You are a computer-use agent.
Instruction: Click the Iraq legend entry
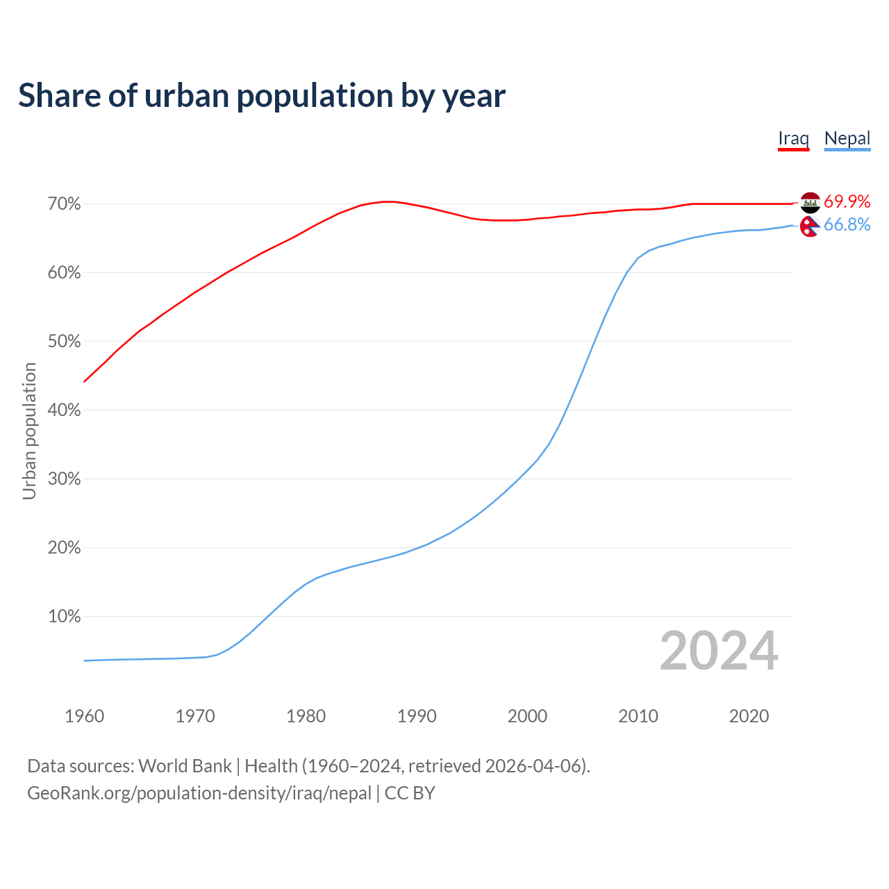(x=793, y=138)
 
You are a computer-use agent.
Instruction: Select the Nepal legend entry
(x=847, y=138)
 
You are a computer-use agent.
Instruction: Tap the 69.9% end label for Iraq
(x=847, y=201)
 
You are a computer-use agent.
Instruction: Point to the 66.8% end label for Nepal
(x=847, y=224)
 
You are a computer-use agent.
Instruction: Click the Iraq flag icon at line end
(x=810, y=202)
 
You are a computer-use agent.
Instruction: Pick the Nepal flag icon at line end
(x=809, y=226)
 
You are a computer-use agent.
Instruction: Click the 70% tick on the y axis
(x=65, y=204)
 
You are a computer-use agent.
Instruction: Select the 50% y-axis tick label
(x=65, y=342)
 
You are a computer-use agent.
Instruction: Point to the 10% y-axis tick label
(x=65, y=617)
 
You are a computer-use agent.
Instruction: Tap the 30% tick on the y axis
(x=65, y=479)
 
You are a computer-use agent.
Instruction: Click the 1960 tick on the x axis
(x=84, y=716)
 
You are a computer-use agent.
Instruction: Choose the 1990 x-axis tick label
(x=417, y=716)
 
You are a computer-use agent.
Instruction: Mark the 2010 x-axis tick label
(x=638, y=716)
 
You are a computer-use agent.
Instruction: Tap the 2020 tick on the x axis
(x=749, y=716)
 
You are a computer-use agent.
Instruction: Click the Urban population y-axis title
(x=29, y=431)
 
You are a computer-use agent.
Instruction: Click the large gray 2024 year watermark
(x=719, y=651)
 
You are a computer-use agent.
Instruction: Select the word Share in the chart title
(x=58, y=95)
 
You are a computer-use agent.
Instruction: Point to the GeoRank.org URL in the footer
(x=199, y=793)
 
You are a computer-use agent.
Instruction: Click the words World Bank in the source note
(x=185, y=766)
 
